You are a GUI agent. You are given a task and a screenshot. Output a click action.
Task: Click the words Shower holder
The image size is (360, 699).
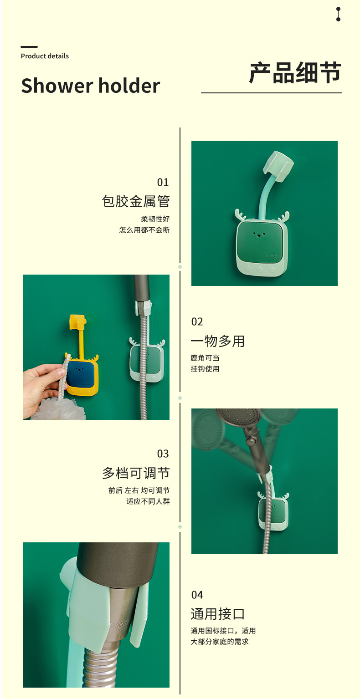point(91,86)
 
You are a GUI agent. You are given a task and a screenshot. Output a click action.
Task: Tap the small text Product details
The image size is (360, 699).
point(45,56)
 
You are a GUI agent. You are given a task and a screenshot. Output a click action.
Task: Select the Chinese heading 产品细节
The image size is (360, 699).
point(295,73)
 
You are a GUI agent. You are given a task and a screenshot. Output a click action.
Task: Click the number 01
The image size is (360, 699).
point(163,182)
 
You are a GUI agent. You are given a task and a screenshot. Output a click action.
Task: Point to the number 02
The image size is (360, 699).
point(197,322)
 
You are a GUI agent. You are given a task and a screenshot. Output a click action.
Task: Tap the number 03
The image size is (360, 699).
point(163,454)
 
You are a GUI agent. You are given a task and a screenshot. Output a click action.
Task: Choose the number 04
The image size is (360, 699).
point(197,595)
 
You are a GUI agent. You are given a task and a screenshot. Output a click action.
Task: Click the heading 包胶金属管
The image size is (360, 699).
point(136,201)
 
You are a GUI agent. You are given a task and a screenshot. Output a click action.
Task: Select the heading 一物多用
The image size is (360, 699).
point(218,341)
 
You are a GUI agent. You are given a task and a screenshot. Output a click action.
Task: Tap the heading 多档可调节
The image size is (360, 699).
point(136,473)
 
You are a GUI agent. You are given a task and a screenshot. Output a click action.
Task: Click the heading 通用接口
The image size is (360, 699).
point(218,614)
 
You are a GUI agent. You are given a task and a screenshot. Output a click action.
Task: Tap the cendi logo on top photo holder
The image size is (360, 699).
point(271,256)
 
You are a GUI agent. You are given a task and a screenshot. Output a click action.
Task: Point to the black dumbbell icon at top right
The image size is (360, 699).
point(338,14)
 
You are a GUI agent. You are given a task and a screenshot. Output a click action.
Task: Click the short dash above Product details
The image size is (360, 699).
point(29,47)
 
